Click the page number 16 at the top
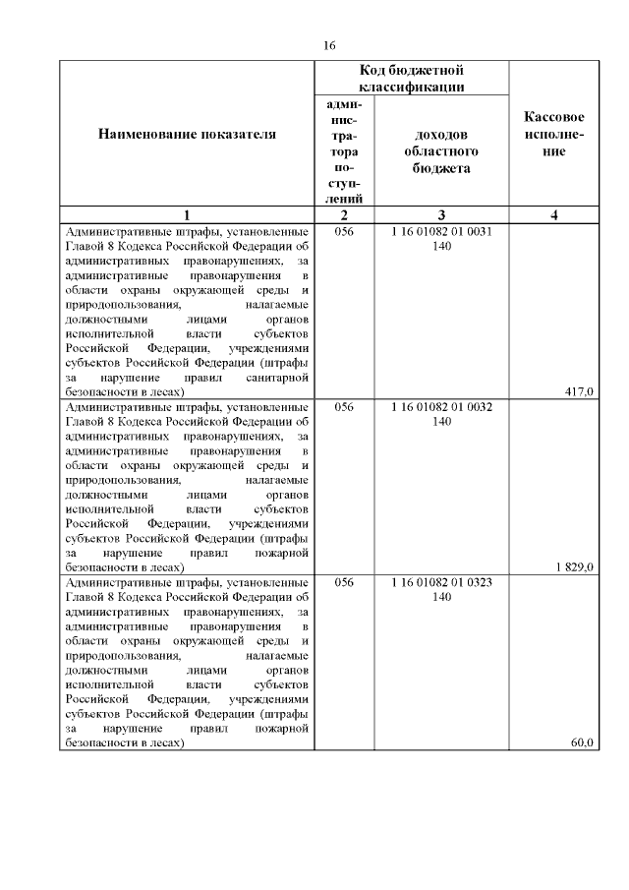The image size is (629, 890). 329,45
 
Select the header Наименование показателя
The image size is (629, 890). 187,134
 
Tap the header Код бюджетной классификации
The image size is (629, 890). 412,79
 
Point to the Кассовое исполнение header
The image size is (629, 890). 554,134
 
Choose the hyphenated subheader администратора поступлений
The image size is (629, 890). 343,151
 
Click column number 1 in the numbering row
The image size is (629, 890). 187,215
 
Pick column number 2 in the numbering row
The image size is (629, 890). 343,215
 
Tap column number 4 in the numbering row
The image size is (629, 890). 554,215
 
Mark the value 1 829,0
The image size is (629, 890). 573,566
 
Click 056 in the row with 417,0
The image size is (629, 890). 343,232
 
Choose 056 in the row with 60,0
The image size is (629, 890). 343,582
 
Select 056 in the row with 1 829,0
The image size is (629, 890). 343,406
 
